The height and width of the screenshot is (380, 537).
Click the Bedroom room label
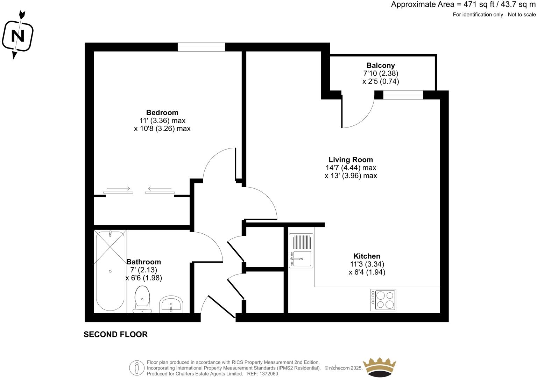[162, 112]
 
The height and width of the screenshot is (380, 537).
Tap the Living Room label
[351, 160]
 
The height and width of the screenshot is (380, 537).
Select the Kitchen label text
[367, 256]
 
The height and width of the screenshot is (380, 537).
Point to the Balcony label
[381, 65]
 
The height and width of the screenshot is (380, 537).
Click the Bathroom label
[143, 262]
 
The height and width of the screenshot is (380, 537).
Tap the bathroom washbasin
[171, 305]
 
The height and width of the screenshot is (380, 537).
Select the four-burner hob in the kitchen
[383, 300]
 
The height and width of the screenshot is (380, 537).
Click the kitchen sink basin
[301, 259]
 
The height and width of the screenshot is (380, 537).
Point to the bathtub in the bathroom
[110, 271]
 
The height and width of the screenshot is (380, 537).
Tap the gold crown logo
[380, 368]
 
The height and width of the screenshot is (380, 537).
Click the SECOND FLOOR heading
[115, 335]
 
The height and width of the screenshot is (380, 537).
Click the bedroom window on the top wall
[201, 47]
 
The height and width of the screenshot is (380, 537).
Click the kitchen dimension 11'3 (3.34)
[367, 264]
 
